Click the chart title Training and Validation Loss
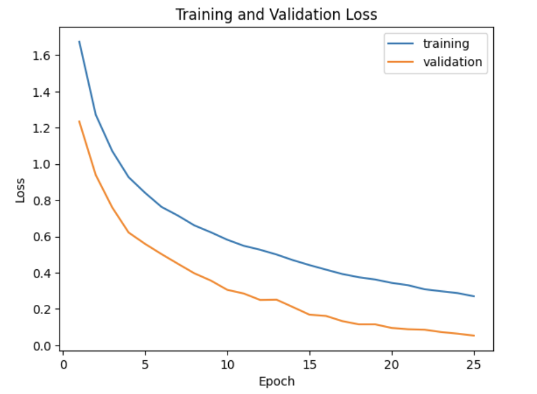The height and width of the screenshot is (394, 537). [277, 15]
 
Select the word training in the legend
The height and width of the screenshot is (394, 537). [446, 43]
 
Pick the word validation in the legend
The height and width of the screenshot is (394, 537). [453, 62]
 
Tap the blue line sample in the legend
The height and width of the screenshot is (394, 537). [400, 44]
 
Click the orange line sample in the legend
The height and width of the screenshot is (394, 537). [400, 62]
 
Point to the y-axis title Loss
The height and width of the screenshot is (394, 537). [21, 190]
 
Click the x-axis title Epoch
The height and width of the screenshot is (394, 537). [277, 382]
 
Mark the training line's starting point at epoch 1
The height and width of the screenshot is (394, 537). [79, 41]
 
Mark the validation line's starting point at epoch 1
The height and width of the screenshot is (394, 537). [79, 121]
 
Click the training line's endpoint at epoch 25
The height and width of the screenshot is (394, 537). [474, 296]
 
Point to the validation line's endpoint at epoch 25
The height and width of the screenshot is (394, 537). [474, 336]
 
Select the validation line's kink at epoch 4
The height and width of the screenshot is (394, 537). [128, 233]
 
